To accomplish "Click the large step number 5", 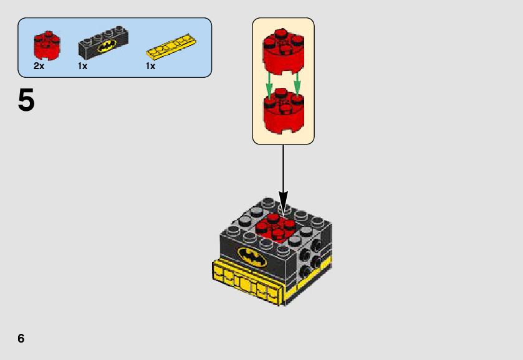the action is point(26,101).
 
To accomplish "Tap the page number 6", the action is point(21,338).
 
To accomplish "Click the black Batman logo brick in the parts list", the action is point(104,44).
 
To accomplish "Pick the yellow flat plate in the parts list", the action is point(172,46).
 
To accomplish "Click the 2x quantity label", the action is point(39,66).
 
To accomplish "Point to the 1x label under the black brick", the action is point(83,66).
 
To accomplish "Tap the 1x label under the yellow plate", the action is point(150,66).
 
